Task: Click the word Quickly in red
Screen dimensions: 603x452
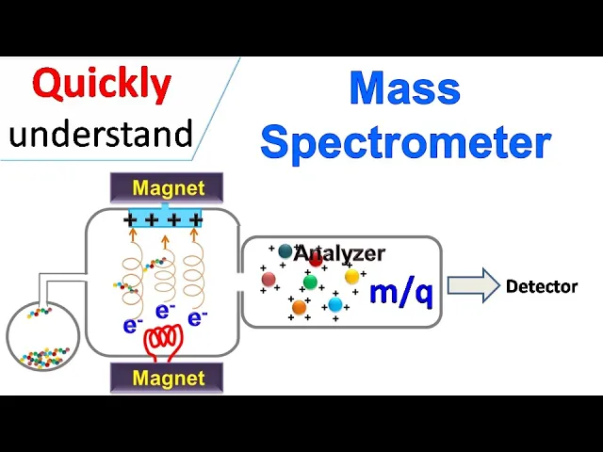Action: pos(102,86)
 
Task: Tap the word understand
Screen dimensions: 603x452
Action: pos(101,134)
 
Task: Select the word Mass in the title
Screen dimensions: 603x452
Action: pos(404,89)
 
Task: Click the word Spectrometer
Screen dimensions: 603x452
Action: pos(405,142)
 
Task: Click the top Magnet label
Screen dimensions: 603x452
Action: pos(168,188)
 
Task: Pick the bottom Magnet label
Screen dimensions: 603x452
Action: pos(168,379)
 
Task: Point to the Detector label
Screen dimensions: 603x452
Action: pos(541,286)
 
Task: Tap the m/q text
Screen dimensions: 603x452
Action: pos(400,292)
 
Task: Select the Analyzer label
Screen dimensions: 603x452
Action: pos(339,253)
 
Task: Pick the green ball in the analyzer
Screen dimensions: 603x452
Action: pos(310,282)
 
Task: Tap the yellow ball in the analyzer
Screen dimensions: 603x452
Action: pos(351,277)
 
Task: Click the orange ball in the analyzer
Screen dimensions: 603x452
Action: pos(299,307)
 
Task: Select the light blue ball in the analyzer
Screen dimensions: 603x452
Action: pos(334,304)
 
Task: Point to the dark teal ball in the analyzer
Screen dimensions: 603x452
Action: pos(285,251)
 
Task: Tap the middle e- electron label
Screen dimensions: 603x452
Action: pos(165,310)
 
